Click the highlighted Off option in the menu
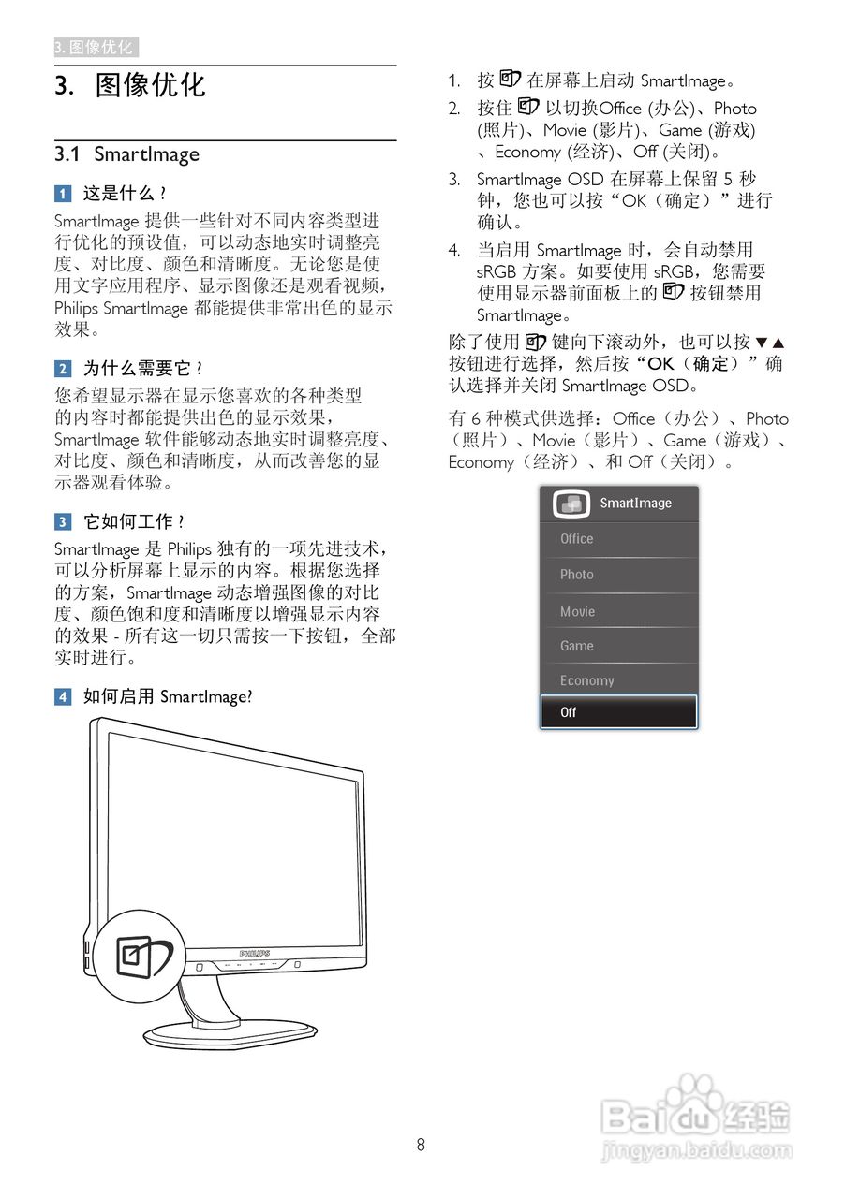coord(618,712)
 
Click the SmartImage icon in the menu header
coord(571,504)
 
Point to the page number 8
coord(422,1145)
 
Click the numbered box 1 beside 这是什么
coord(62,194)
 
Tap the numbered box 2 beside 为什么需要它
coord(62,369)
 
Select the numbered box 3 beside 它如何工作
coord(62,521)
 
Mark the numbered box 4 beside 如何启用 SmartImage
coord(62,696)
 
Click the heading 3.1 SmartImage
coord(126,154)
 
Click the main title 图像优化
coord(150,86)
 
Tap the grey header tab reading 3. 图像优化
coord(96,48)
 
